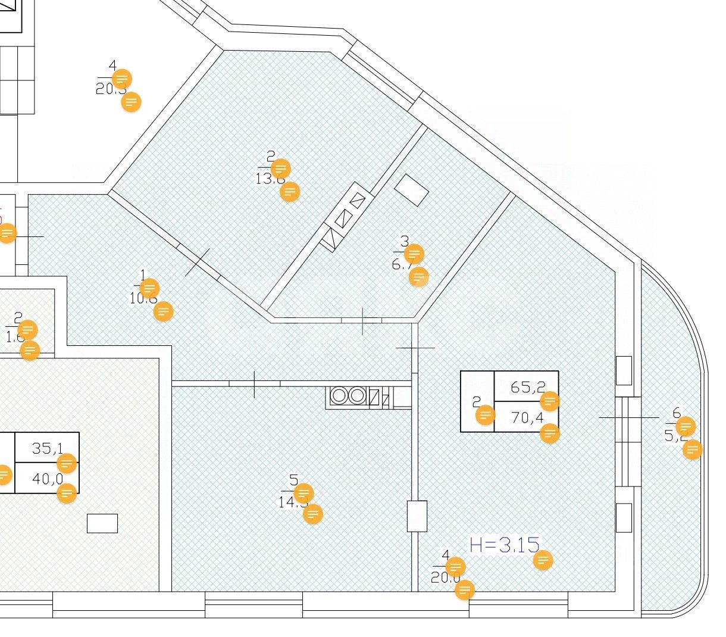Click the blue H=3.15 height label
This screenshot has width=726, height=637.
point(504,545)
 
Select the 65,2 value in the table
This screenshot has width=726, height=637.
point(528,387)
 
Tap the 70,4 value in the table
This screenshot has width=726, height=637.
point(527,418)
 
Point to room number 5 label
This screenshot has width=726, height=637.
point(293,480)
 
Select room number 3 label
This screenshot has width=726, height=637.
point(405,241)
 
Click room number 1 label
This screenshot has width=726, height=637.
point(142,275)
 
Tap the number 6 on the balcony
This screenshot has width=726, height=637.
point(676,413)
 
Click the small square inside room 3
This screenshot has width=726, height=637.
point(412,190)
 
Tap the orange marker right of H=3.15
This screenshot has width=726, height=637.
point(543,560)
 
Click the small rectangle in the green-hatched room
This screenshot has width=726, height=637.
point(102,523)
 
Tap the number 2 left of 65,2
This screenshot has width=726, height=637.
point(476,403)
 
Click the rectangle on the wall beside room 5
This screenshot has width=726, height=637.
point(417,516)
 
